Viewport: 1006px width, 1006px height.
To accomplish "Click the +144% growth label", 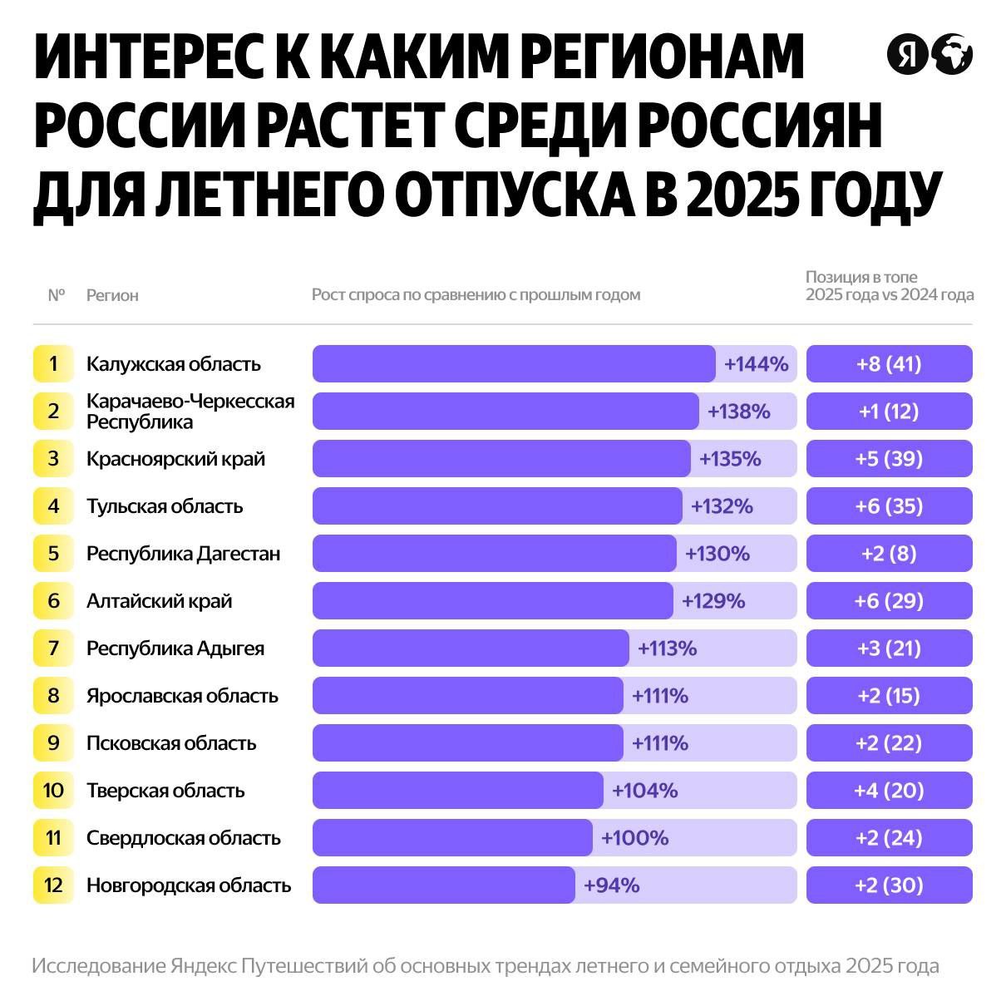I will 756,364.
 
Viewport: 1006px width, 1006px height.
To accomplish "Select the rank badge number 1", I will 53,364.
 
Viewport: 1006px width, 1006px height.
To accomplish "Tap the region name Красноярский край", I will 175,459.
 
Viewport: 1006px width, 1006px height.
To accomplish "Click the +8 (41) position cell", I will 889,364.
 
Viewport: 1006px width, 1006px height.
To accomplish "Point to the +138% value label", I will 738,412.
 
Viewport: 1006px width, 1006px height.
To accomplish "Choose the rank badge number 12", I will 53,885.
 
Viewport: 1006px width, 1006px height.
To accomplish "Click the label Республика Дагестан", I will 183,554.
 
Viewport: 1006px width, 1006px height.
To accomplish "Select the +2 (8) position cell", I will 889,554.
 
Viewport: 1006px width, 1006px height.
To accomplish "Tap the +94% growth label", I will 611,885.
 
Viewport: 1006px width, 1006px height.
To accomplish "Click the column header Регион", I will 112,295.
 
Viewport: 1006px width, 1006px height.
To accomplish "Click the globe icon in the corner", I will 951,55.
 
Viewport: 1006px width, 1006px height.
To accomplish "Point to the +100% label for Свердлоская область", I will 634,838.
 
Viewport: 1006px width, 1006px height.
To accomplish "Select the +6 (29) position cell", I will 889,601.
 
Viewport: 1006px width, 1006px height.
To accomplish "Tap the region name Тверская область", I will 165,791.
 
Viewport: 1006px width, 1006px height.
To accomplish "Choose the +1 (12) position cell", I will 889,412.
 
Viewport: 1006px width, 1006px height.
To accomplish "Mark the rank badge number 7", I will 53,648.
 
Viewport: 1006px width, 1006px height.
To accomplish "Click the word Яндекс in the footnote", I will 204,967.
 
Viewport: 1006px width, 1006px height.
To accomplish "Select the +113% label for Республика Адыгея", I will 667,648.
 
